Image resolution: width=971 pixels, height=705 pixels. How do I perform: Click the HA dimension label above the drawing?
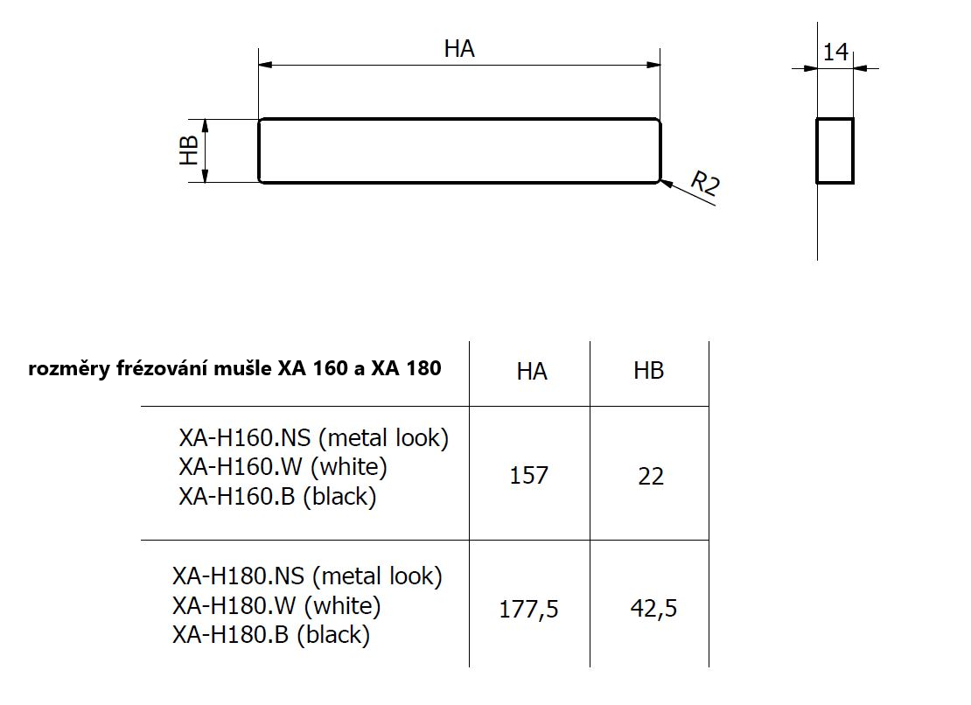(x=459, y=48)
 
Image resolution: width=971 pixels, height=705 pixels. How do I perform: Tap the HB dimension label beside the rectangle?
(x=188, y=150)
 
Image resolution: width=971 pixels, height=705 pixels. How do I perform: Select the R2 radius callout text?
(x=705, y=183)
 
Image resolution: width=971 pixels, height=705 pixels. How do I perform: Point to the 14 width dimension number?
(x=835, y=52)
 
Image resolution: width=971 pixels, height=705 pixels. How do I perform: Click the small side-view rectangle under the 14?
(x=816, y=151)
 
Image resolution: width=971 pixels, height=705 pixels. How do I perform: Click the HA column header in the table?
(x=532, y=372)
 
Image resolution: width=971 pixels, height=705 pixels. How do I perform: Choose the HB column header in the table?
(x=648, y=371)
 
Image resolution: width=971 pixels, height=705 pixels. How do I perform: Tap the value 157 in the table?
(x=529, y=475)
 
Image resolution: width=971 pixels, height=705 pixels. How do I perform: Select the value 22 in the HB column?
(x=651, y=476)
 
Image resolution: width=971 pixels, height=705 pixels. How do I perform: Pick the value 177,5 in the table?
(x=529, y=609)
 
